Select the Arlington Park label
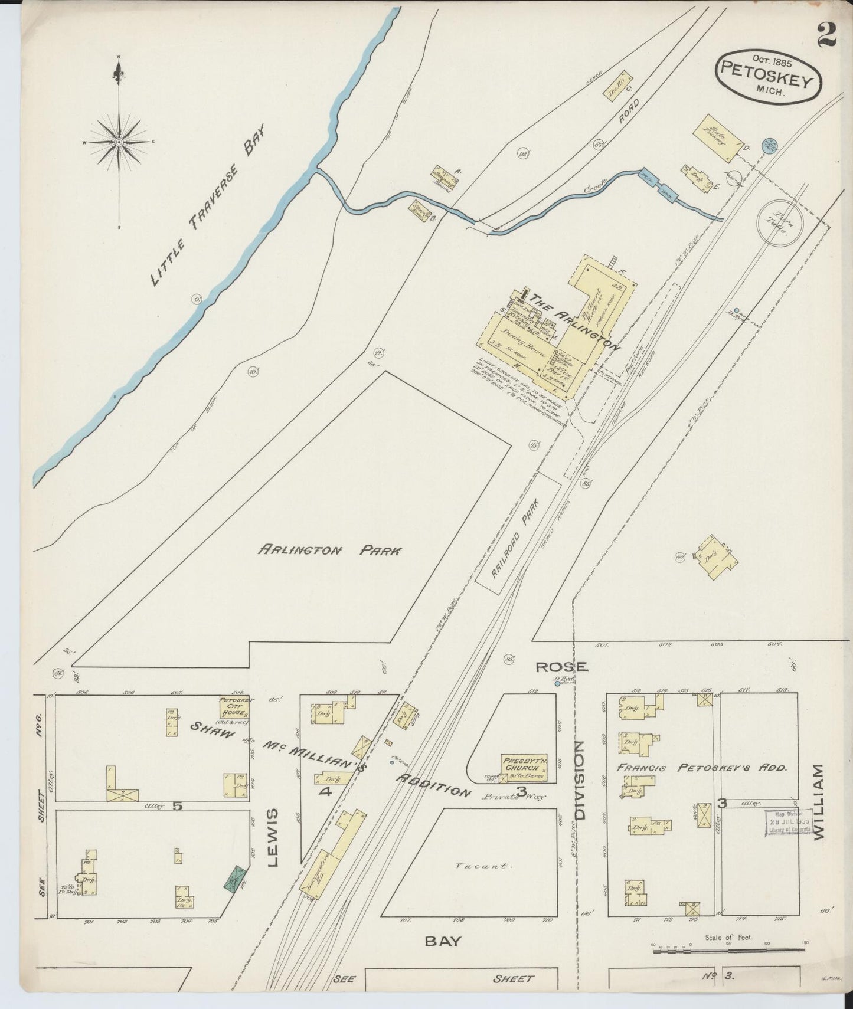click(x=330, y=551)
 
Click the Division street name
click(x=580, y=779)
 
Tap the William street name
click(x=818, y=801)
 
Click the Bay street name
click(x=443, y=941)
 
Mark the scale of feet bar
click(x=729, y=951)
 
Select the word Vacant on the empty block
click(x=483, y=866)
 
